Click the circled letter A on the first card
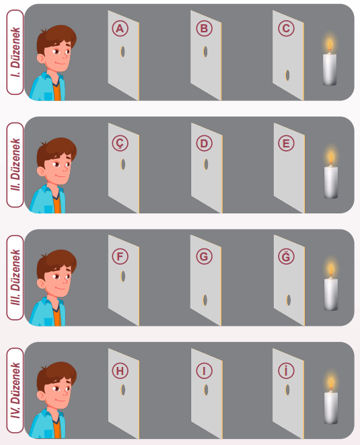pyautogui.click(x=120, y=28)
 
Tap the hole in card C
pyautogui.click(x=287, y=75)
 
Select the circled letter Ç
pyautogui.click(x=120, y=143)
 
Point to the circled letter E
pyautogui.click(x=286, y=143)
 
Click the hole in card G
pyautogui.click(x=205, y=300)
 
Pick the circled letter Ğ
pyautogui.click(x=286, y=256)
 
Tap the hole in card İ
pyautogui.click(x=287, y=390)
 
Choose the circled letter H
pyautogui.click(x=120, y=371)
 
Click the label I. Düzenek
pyautogui.click(x=15, y=53)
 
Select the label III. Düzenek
pyautogui.click(x=15, y=277)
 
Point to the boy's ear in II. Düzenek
pyautogui.click(x=41, y=172)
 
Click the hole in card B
pyautogui.click(x=205, y=51)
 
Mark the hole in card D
pyautogui.click(x=206, y=164)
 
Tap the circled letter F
pyautogui.click(x=120, y=256)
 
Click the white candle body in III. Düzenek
pyautogui.click(x=331, y=295)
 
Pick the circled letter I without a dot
pyautogui.click(x=204, y=371)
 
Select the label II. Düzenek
pyautogui.click(x=15, y=165)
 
